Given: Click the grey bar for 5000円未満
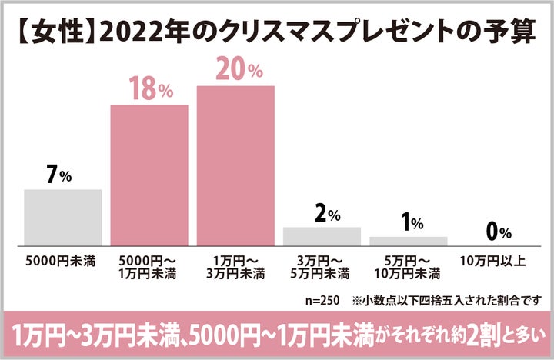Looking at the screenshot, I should (x=63, y=217).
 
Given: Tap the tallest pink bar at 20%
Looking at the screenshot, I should (x=235, y=165).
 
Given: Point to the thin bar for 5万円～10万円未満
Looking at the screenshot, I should (x=408, y=240).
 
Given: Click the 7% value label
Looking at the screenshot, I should (x=59, y=175).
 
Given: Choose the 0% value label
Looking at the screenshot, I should (x=499, y=231).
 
